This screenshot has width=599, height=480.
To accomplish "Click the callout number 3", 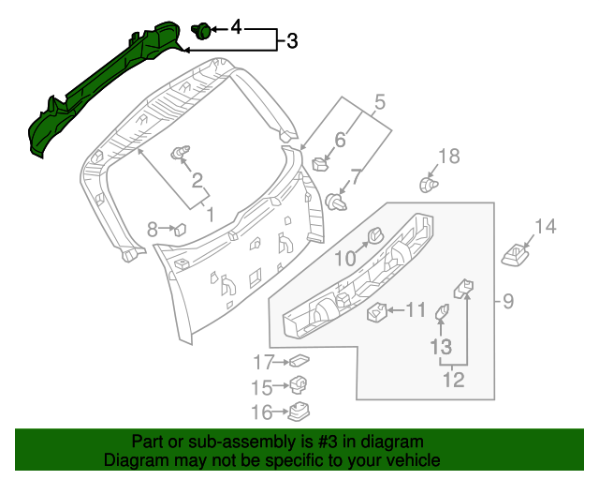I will click(292, 41).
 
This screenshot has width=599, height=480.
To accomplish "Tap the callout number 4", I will click(236, 29).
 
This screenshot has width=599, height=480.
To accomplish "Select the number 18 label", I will click(449, 157).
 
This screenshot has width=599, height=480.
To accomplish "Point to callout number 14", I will click(545, 226).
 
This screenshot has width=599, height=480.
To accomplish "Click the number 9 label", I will click(508, 301).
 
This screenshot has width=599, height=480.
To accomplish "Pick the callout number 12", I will click(454, 380).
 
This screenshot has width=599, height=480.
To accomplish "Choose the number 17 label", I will click(263, 362).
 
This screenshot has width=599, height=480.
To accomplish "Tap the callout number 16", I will click(263, 411).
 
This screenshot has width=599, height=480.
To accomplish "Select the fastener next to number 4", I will click(200, 31).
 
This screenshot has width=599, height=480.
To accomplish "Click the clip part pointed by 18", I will click(429, 186).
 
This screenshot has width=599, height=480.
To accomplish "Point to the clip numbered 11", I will click(377, 311).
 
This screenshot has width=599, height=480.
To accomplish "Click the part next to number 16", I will click(300, 411).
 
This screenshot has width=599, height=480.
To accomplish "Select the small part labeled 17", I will click(299, 361).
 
